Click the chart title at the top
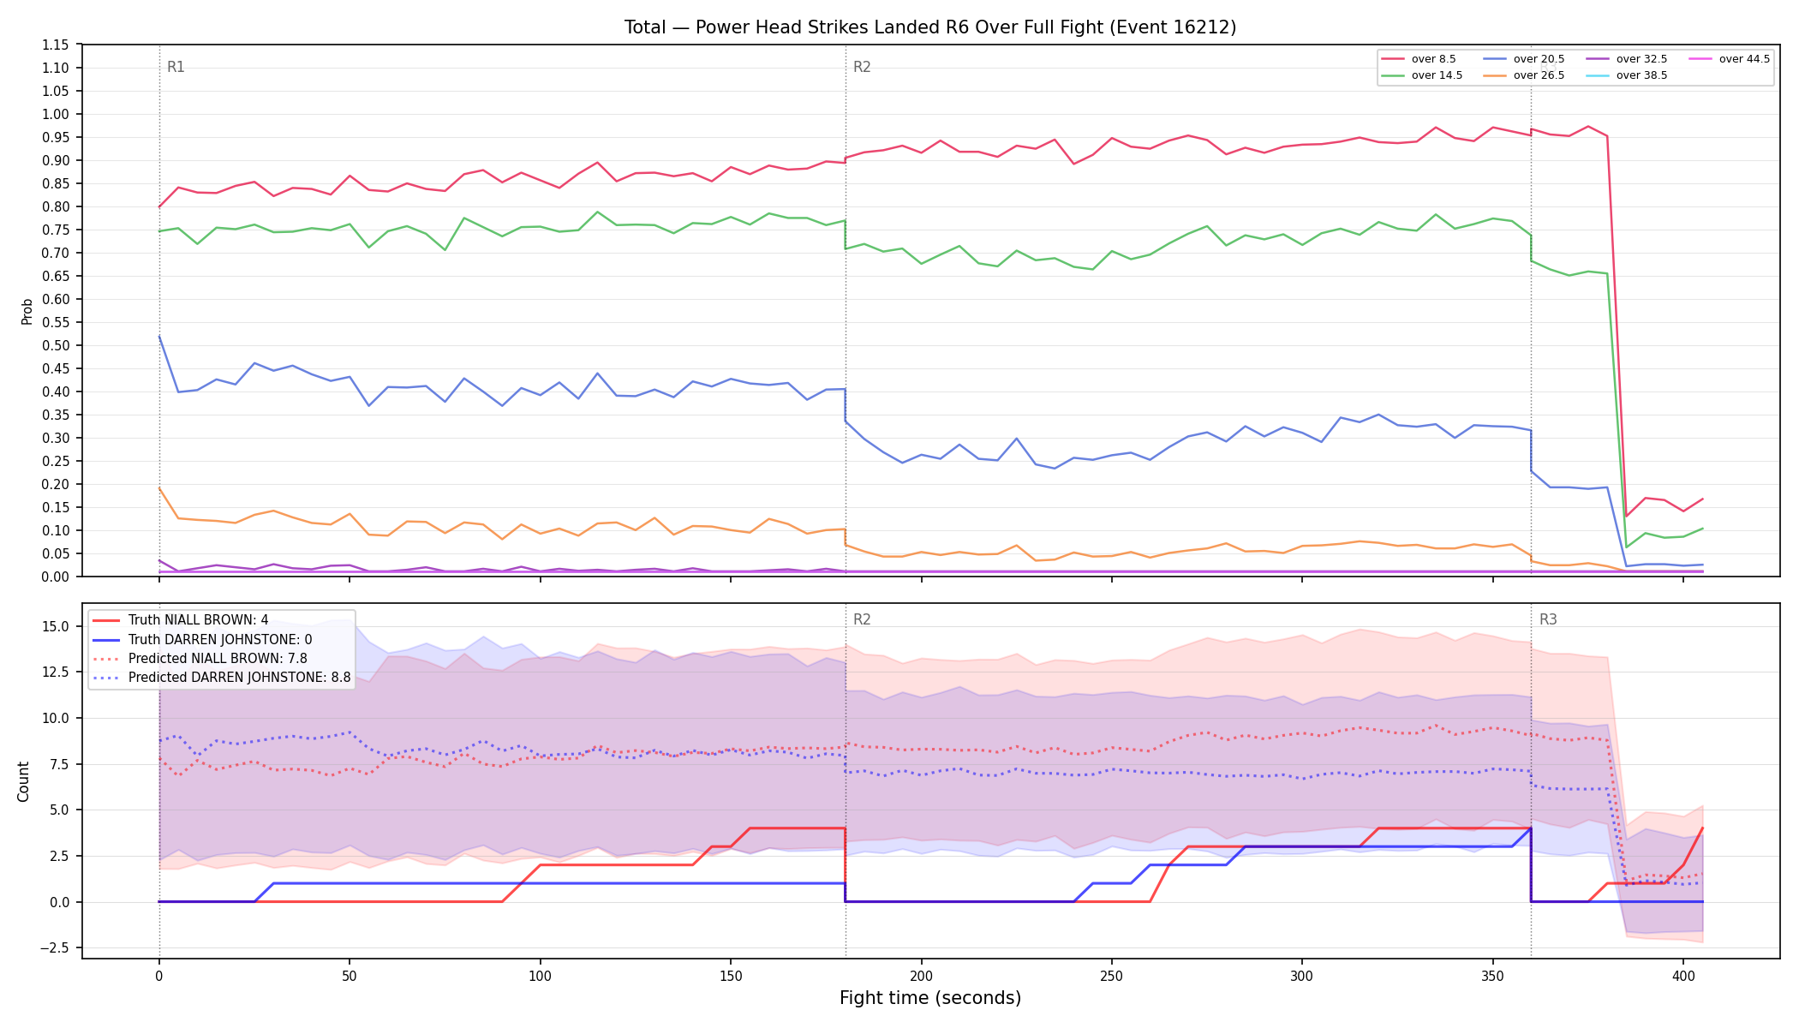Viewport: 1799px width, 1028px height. tap(930, 27)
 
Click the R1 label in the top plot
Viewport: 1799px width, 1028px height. tap(176, 67)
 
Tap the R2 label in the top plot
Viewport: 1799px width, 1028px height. tap(862, 67)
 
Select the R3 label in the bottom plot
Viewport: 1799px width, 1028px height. tap(1548, 619)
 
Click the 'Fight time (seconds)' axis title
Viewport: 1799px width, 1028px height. tap(930, 998)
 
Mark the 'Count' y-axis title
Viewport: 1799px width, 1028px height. tap(23, 781)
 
